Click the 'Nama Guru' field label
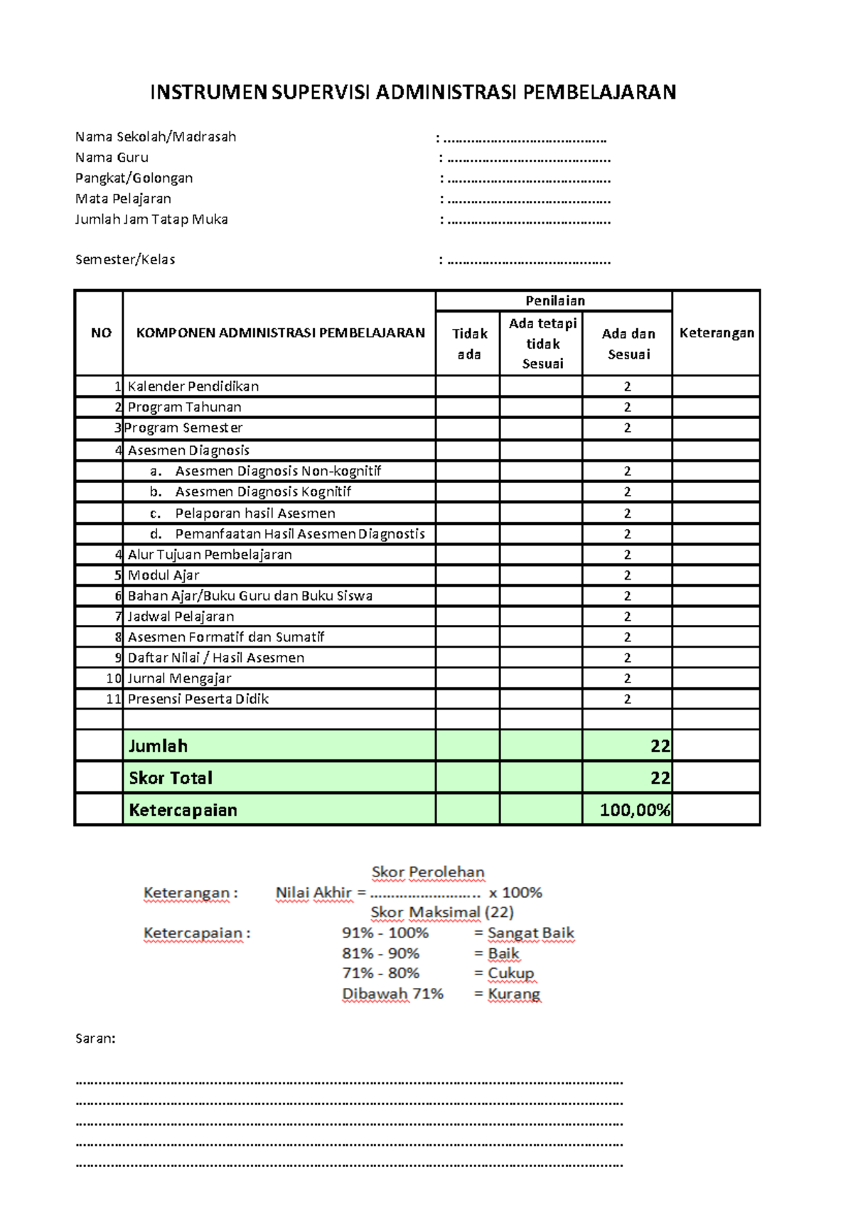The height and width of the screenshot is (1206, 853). click(x=112, y=158)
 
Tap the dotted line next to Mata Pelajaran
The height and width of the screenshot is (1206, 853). click(x=529, y=200)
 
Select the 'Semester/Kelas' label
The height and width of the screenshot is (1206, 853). click(x=125, y=260)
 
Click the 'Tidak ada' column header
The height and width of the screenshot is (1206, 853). click(x=469, y=344)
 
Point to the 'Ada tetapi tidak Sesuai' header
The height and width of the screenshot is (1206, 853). click(x=542, y=344)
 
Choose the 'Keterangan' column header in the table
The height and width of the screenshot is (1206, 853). click(x=717, y=333)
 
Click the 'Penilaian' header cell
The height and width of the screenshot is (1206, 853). click(x=554, y=301)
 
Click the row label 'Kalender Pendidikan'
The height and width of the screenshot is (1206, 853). click(x=193, y=386)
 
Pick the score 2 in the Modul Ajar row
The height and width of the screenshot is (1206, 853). click(x=627, y=575)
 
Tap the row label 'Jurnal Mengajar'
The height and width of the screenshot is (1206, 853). click(x=179, y=678)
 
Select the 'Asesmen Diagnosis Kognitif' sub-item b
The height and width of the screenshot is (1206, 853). click(x=263, y=491)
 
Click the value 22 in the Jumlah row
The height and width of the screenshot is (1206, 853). click(x=660, y=746)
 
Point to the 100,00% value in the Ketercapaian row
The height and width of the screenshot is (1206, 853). click(x=634, y=810)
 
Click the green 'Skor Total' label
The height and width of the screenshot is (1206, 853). click(x=171, y=778)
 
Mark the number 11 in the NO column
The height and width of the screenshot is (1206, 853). click(x=113, y=699)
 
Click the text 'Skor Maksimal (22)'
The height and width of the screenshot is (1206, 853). click(x=441, y=912)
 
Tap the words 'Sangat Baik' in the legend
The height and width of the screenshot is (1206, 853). click(x=530, y=933)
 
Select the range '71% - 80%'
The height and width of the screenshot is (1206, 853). click(x=380, y=973)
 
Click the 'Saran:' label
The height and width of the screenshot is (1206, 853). click(x=95, y=1038)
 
